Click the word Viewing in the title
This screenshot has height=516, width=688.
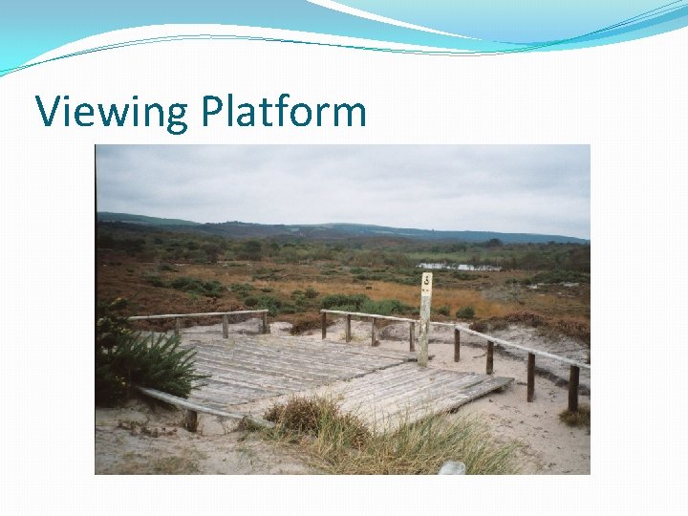pos(112,113)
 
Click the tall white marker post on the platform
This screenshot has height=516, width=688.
pos(424,320)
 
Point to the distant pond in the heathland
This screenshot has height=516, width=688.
pos(459,267)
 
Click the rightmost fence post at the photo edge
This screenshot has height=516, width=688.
pos(573,387)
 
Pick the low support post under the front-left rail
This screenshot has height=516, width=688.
pos(191,419)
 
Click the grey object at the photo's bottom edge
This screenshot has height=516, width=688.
pos(452,468)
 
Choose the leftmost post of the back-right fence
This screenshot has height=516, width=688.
pos(324,325)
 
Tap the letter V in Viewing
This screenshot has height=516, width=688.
pos(48,112)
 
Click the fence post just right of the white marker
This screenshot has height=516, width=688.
pos(457,344)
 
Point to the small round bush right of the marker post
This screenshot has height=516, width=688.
pos(465,312)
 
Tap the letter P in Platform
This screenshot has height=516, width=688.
pos(211,112)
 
